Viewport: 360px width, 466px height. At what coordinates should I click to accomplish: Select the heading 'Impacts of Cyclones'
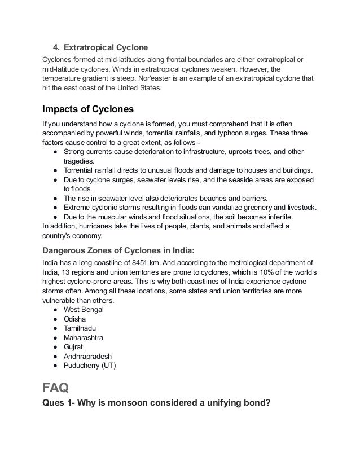(87, 109)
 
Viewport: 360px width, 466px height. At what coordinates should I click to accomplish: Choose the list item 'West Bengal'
(84, 310)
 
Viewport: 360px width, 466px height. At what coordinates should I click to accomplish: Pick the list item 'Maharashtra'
(84, 338)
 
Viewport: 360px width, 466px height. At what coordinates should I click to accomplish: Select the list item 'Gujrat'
(73, 347)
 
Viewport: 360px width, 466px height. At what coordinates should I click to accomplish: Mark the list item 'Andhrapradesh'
(87, 357)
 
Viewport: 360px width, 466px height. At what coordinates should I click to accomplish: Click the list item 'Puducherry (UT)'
(90, 366)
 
